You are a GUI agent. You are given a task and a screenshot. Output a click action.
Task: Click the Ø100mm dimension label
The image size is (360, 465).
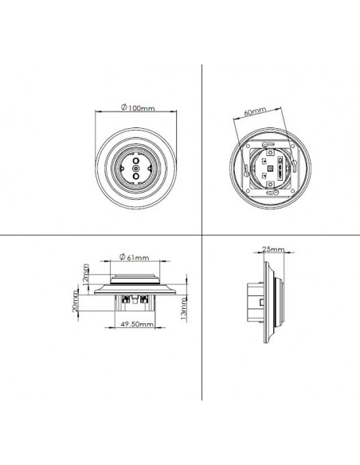[135, 107]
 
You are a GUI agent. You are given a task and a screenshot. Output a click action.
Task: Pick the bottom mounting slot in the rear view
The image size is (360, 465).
[268, 194]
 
